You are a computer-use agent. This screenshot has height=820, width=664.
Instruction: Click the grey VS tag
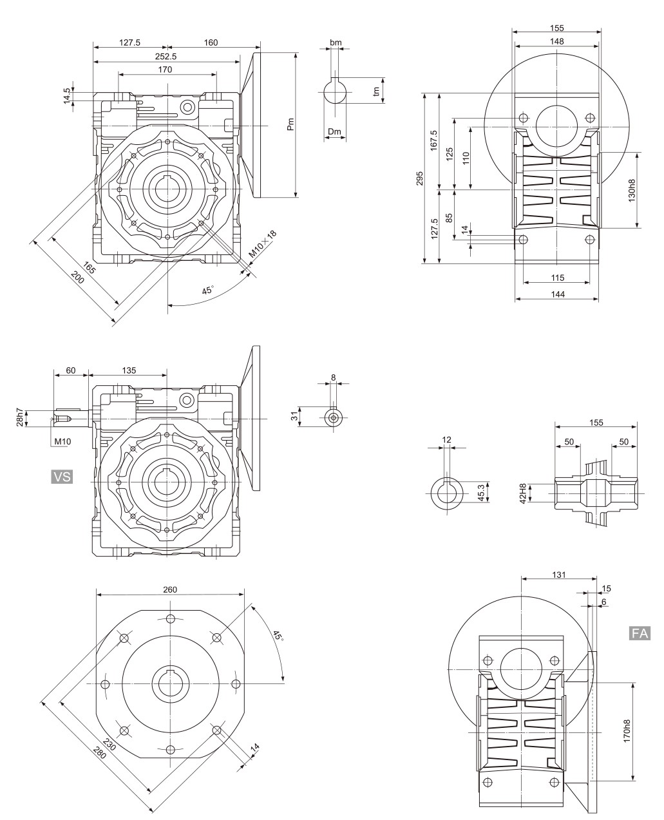62,477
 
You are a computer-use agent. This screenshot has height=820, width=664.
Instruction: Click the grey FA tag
640,633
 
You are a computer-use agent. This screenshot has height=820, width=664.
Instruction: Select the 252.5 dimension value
166,56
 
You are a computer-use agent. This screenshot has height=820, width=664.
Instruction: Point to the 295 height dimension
419,178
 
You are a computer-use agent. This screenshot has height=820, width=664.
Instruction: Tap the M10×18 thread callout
262,245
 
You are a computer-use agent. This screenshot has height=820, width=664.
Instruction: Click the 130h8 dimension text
631,190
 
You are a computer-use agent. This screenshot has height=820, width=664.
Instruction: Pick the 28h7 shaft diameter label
19,417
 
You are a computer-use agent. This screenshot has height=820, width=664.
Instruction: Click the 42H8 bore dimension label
522,493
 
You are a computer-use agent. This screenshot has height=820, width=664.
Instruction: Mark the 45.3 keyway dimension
481,492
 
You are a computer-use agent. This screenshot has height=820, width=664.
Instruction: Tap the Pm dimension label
290,124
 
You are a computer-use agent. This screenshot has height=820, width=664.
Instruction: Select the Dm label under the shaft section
334,131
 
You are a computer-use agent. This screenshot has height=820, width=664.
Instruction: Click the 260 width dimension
170,589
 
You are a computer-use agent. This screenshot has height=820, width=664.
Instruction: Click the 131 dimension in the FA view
559,575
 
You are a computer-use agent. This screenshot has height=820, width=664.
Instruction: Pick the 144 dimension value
557,294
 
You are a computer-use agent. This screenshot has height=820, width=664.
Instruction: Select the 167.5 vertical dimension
434,140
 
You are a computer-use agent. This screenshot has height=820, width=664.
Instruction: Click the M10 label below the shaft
62,442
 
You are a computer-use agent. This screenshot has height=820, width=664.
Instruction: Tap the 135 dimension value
129,370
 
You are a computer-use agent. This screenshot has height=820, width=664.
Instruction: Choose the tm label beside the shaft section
377,91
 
